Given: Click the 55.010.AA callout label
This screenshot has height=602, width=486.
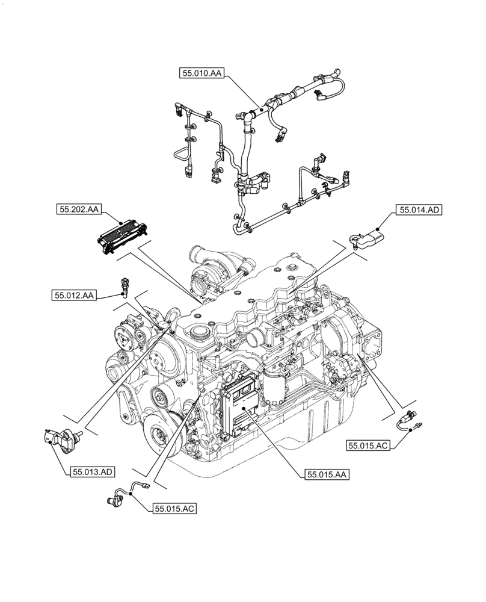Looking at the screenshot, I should tap(201, 73).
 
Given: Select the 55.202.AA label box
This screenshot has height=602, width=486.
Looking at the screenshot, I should tap(79, 209).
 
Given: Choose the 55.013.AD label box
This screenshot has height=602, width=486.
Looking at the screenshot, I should tap(92, 472).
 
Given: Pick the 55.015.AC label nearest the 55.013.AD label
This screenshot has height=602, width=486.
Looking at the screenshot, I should tap(174, 509).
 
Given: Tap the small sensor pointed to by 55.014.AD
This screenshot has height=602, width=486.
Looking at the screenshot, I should tap(368, 236).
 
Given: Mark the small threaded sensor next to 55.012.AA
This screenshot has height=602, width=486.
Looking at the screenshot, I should tap(125, 285).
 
